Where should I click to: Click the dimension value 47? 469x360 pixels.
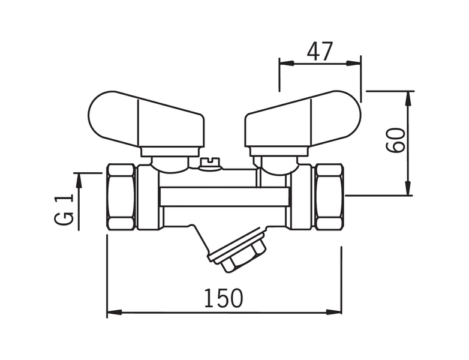[320, 51]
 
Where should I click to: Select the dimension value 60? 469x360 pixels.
[395, 140]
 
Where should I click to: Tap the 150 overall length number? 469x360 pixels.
[224, 298]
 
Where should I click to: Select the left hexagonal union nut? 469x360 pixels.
[121, 197]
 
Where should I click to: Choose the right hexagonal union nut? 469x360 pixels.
[329, 197]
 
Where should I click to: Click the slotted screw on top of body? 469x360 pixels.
[210, 164]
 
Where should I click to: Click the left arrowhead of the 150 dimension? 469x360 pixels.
[115, 312]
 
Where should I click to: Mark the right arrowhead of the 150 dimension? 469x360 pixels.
[333, 312]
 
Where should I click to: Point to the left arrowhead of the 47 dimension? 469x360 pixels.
[287, 63]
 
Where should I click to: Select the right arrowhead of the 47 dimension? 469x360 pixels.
[353, 63]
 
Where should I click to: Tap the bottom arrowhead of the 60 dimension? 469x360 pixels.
[408, 188]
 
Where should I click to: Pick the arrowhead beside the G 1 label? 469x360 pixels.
[79, 181]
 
